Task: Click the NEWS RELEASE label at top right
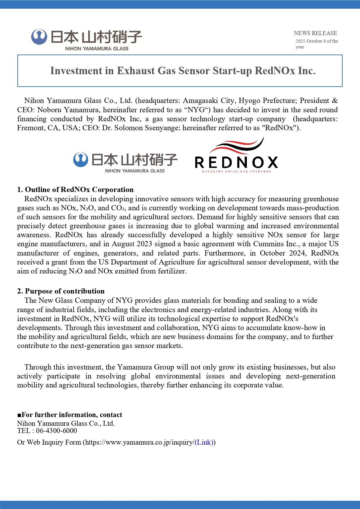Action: [315, 33]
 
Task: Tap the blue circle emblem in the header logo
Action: [39, 37]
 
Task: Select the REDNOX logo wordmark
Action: [236, 162]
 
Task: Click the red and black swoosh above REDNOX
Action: [236, 146]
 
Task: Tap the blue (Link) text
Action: [204, 442]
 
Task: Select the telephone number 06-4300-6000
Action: [57, 431]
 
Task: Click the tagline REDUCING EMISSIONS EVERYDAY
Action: [236, 171]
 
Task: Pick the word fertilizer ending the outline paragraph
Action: [172, 271]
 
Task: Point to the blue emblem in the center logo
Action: [81, 160]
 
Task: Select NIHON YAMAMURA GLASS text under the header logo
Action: [97, 49]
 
